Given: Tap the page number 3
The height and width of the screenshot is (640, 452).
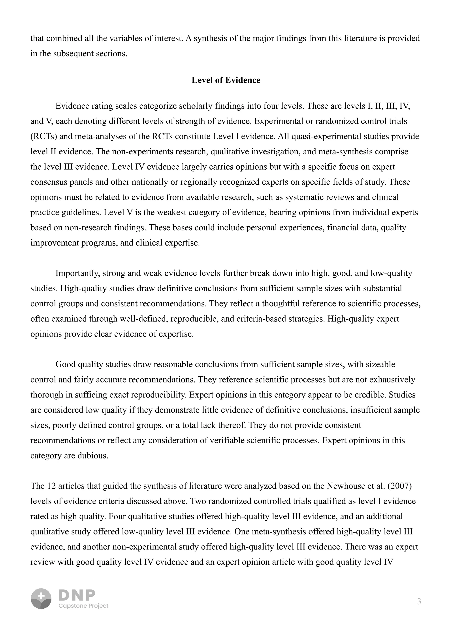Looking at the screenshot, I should (419, 602).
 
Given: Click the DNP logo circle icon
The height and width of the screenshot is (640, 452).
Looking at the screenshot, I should (41, 599).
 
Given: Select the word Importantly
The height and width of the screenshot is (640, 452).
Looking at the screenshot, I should (77, 273).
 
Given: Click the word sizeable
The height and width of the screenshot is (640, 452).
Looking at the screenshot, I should (380, 365).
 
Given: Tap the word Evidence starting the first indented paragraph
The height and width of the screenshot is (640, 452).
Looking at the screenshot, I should (72, 106).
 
